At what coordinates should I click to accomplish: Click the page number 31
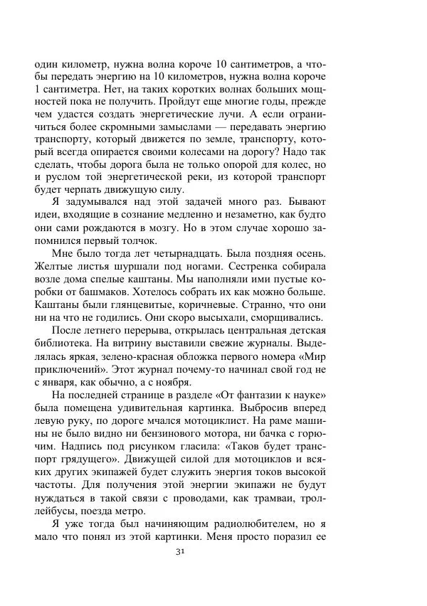[x=213, y=552]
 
